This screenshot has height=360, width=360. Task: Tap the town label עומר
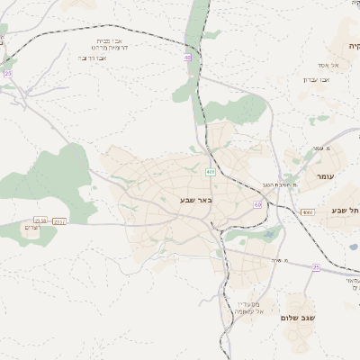[x=326, y=177]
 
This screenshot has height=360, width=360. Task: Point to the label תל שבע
[x=346, y=211]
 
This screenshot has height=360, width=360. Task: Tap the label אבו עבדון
[x=315, y=79]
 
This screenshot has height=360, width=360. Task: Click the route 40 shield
[x=187, y=57]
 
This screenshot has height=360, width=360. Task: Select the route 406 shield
[x=210, y=172]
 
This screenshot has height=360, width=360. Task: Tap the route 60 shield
[x=258, y=205]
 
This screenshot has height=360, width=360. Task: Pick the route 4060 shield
[x=308, y=212]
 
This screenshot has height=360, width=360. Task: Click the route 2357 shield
[x=59, y=220]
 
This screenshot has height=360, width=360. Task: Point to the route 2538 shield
[x=40, y=220]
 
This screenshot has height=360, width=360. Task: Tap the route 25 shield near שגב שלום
[x=316, y=267]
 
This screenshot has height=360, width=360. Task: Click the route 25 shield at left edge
[x=8, y=73]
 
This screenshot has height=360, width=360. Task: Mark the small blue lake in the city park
[x=269, y=238]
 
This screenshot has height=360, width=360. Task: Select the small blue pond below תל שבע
[x=353, y=246]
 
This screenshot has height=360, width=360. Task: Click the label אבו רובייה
[x=94, y=58]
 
